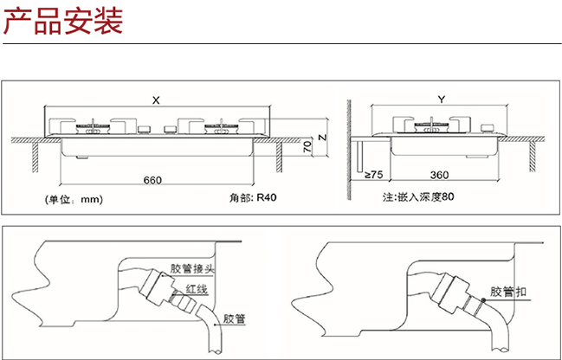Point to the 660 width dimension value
click(x=152, y=180)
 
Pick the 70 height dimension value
click(x=307, y=148)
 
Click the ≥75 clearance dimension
click(x=373, y=176)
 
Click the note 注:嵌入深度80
click(x=418, y=197)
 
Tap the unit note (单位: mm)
click(x=74, y=198)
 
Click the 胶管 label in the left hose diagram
click(x=233, y=317)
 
